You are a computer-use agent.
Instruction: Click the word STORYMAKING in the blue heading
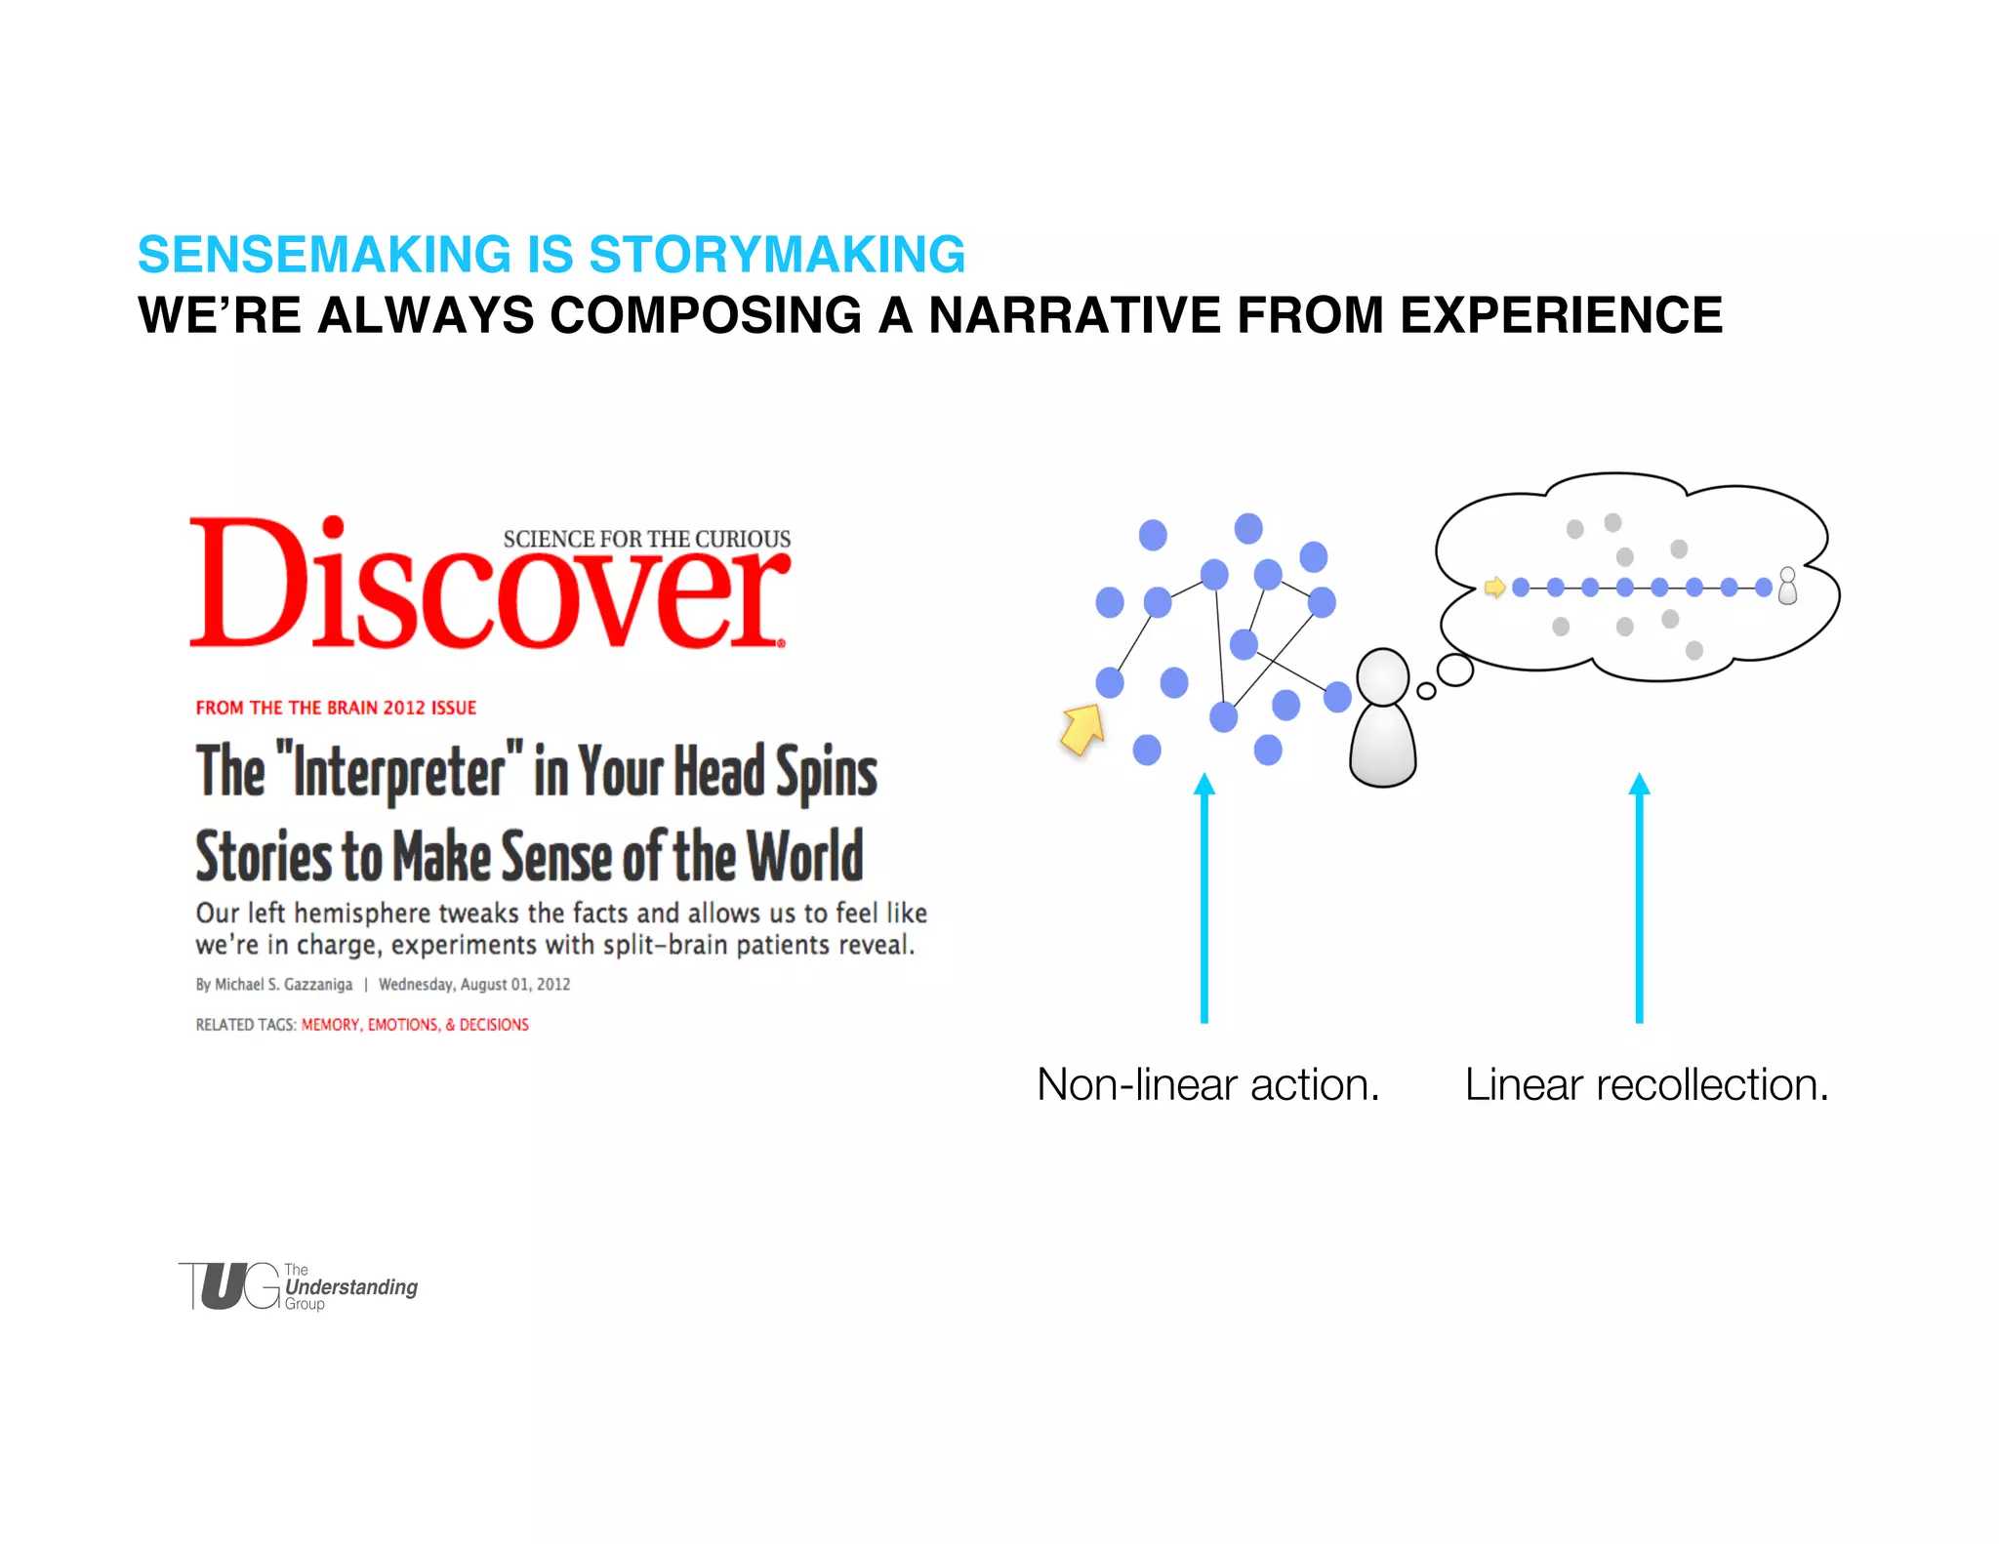pos(777,255)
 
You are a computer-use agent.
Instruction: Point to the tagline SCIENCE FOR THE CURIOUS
pos(646,539)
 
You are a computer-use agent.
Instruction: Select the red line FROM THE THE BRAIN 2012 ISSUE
pos(336,708)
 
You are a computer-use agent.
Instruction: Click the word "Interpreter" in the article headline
pos(400,771)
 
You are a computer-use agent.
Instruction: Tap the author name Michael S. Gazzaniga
pos(283,984)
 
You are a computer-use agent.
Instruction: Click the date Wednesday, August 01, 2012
pos(474,984)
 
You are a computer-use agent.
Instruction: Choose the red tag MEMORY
pos(331,1025)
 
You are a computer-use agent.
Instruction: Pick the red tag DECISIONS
pos(494,1025)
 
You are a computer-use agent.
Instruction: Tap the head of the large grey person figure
pos(1383,675)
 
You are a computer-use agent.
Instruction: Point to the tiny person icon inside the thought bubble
pos(1787,587)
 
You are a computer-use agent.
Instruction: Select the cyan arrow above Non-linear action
pos(1204,898)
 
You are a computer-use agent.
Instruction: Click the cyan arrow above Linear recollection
pos(1640,898)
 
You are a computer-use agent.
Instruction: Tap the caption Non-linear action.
pos(1207,1084)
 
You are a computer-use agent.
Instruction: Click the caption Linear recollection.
pos(1647,1084)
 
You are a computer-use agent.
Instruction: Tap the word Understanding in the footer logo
pos(351,1287)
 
